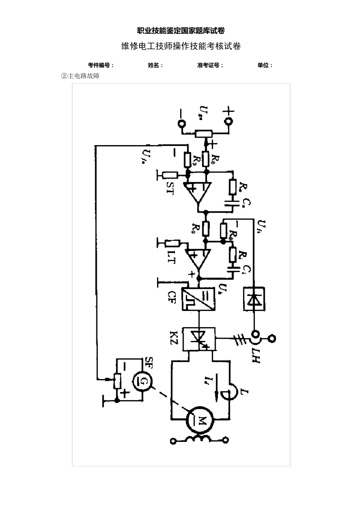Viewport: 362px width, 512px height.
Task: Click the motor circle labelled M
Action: tap(199, 420)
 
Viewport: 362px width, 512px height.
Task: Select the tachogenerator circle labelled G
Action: tap(142, 381)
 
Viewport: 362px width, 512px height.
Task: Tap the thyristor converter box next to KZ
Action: tap(199, 339)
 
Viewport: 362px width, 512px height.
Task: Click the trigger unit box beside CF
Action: tap(199, 299)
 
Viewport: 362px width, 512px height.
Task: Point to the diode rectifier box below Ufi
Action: tap(254, 299)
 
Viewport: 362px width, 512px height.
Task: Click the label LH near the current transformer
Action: tap(256, 354)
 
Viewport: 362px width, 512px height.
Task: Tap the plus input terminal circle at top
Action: tap(229, 122)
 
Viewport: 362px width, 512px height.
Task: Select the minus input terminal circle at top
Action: tap(181, 123)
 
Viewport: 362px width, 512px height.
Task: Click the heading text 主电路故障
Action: tap(81, 76)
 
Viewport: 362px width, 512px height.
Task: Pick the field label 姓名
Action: tap(155, 65)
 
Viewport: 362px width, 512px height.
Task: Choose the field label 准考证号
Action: tap(210, 65)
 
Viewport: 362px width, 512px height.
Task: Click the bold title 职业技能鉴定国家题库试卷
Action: tap(181, 31)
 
